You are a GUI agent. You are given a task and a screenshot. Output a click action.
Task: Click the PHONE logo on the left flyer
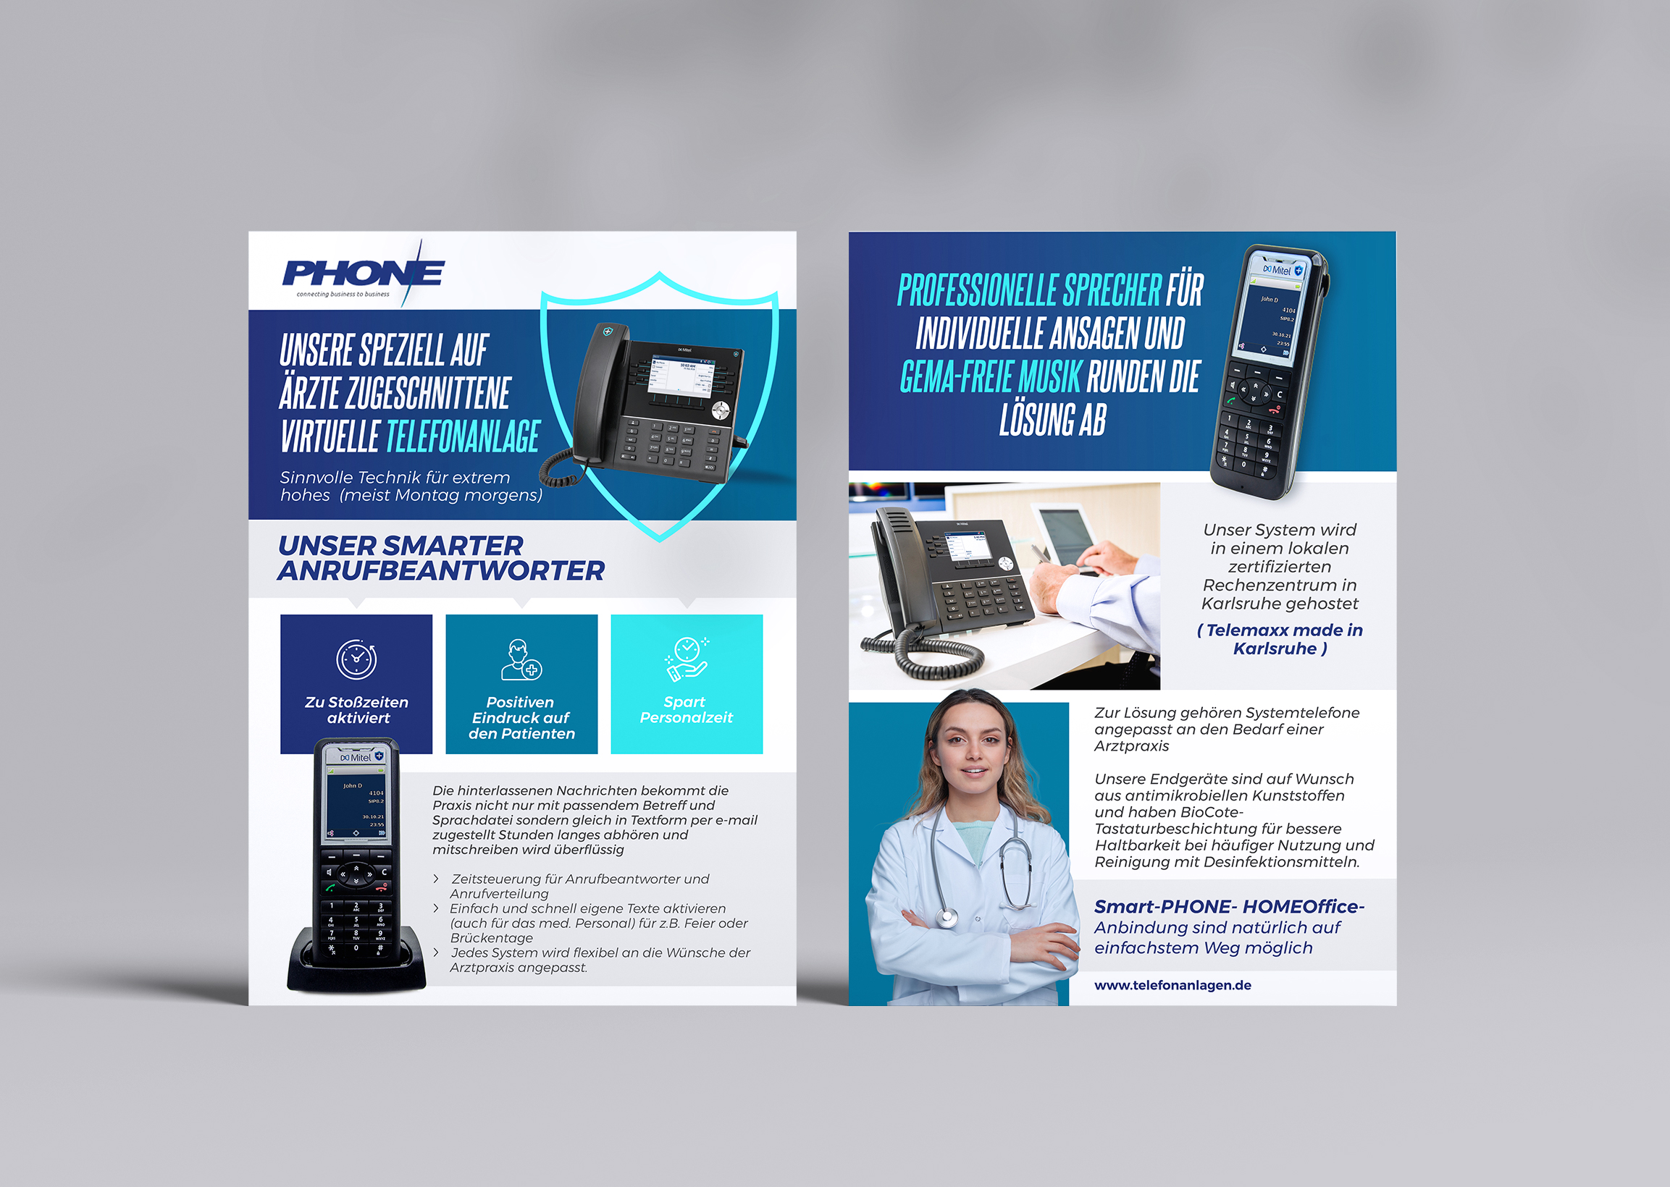(x=363, y=274)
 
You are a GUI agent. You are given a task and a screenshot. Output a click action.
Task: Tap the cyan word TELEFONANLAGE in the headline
(x=463, y=437)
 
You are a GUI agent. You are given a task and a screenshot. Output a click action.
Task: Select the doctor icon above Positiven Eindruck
(x=521, y=659)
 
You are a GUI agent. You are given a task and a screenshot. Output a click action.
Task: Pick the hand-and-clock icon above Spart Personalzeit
(x=686, y=658)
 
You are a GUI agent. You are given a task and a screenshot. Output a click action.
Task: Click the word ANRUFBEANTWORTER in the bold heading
(x=441, y=572)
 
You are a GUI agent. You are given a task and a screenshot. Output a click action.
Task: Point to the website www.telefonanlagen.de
(x=1172, y=985)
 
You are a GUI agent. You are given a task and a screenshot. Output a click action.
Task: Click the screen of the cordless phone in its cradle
(x=356, y=803)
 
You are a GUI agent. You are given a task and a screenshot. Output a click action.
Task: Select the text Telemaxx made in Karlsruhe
(x=1280, y=639)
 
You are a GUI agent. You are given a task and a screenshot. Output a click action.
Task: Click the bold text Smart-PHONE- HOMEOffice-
(x=1228, y=906)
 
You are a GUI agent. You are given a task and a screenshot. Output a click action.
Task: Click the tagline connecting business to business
(x=343, y=295)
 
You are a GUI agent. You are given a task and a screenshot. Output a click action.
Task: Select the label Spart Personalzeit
(x=686, y=710)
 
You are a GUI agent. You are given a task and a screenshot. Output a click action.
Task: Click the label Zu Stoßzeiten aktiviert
(x=357, y=710)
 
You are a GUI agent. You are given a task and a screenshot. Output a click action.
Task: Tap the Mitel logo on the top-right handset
(x=1277, y=271)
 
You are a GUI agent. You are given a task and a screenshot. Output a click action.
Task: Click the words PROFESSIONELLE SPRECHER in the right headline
(x=1029, y=291)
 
